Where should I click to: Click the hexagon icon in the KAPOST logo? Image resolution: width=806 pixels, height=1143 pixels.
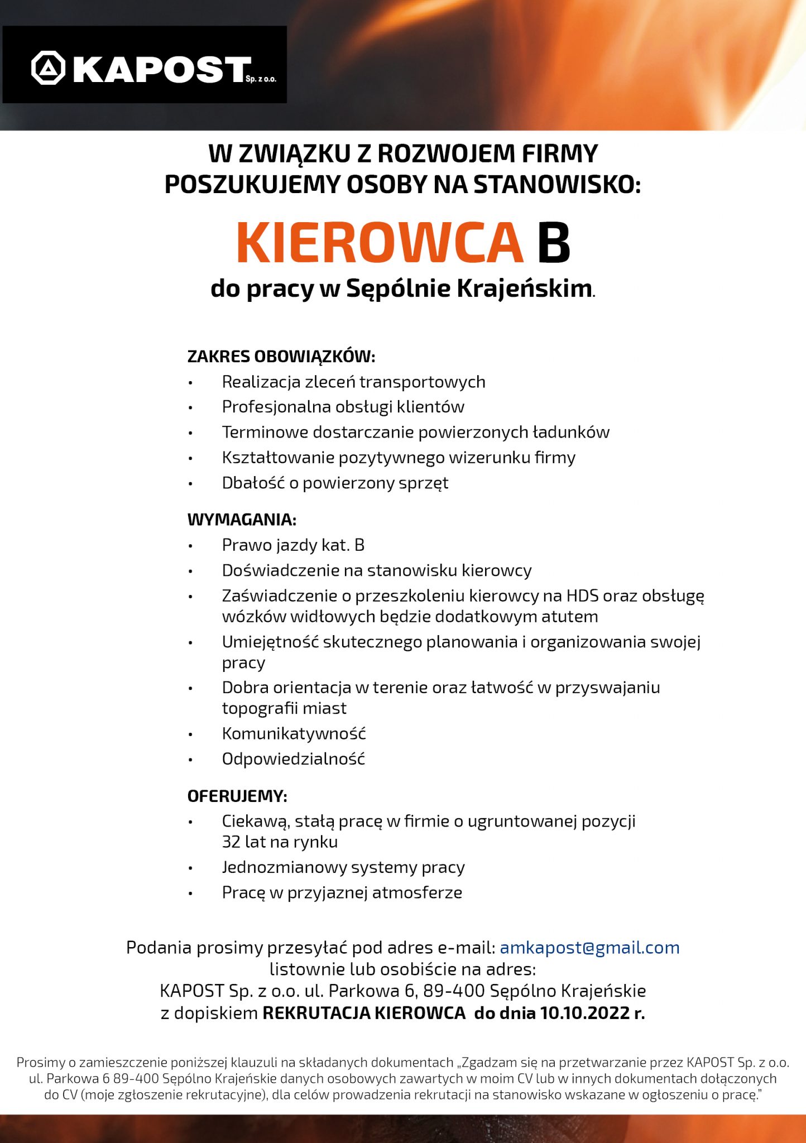click(x=49, y=68)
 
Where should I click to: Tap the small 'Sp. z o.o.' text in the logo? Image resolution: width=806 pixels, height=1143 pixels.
click(x=261, y=79)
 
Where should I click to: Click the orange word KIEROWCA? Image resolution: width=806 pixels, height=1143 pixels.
click(x=380, y=243)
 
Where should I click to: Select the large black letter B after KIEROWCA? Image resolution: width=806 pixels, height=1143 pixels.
click(x=553, y=243)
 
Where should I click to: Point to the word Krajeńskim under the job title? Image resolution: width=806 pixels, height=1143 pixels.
click(x=524, y=289)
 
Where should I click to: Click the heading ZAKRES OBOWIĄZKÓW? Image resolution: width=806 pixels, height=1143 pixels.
click(x=281, y=356)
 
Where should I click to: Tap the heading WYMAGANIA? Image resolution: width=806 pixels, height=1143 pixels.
click(x=242, y=520)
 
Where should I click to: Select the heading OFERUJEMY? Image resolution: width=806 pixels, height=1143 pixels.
click(x=237, y=796)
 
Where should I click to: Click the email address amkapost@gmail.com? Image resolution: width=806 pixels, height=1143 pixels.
click(x=589, y=948)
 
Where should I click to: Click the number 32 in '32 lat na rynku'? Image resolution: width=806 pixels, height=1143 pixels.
click(x=231, y=842)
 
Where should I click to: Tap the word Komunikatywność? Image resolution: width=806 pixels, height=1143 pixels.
click(x=294, y=733)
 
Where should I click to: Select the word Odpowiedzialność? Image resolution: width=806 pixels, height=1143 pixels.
click(x=293, y=759)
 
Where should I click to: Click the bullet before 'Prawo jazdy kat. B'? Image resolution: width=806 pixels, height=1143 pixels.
click(x=190, y=545)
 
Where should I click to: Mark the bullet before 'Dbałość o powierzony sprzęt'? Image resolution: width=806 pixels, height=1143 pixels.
click(x=190, y=483)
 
